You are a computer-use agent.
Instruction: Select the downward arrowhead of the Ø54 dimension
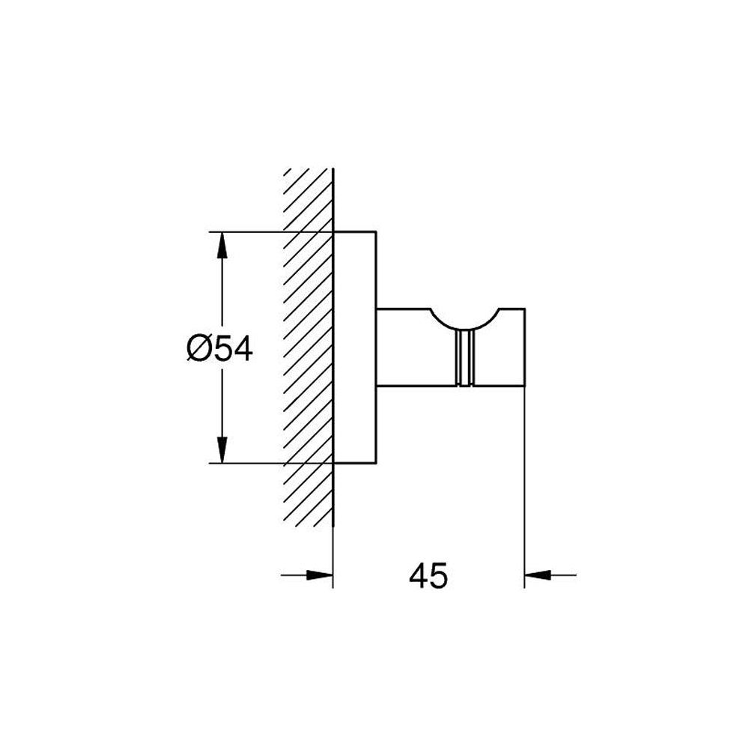pyautogui.click(x=222, y=450)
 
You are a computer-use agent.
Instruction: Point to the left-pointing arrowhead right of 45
pyautogui.click(x=539, y=575)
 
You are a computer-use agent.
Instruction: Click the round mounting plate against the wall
pyautogui.click(x=355, y=348)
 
